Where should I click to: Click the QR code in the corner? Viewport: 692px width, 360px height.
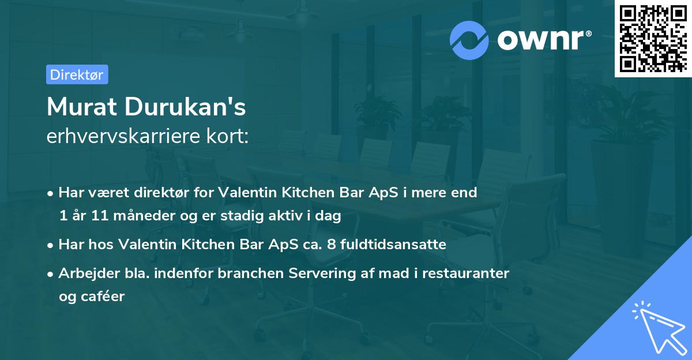pyautogui.click(x=653, y=39)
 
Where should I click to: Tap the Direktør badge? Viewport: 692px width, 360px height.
pyautogui.click(x=77, y=74)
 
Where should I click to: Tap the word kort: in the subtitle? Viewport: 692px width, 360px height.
pyautogui.click(x=230, y=136)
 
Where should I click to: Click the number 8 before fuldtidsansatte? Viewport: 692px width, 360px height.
pyautogui.click(x=330, y=245)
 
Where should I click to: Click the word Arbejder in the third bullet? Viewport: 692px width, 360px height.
pyautogui.click(x=86, y=273)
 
